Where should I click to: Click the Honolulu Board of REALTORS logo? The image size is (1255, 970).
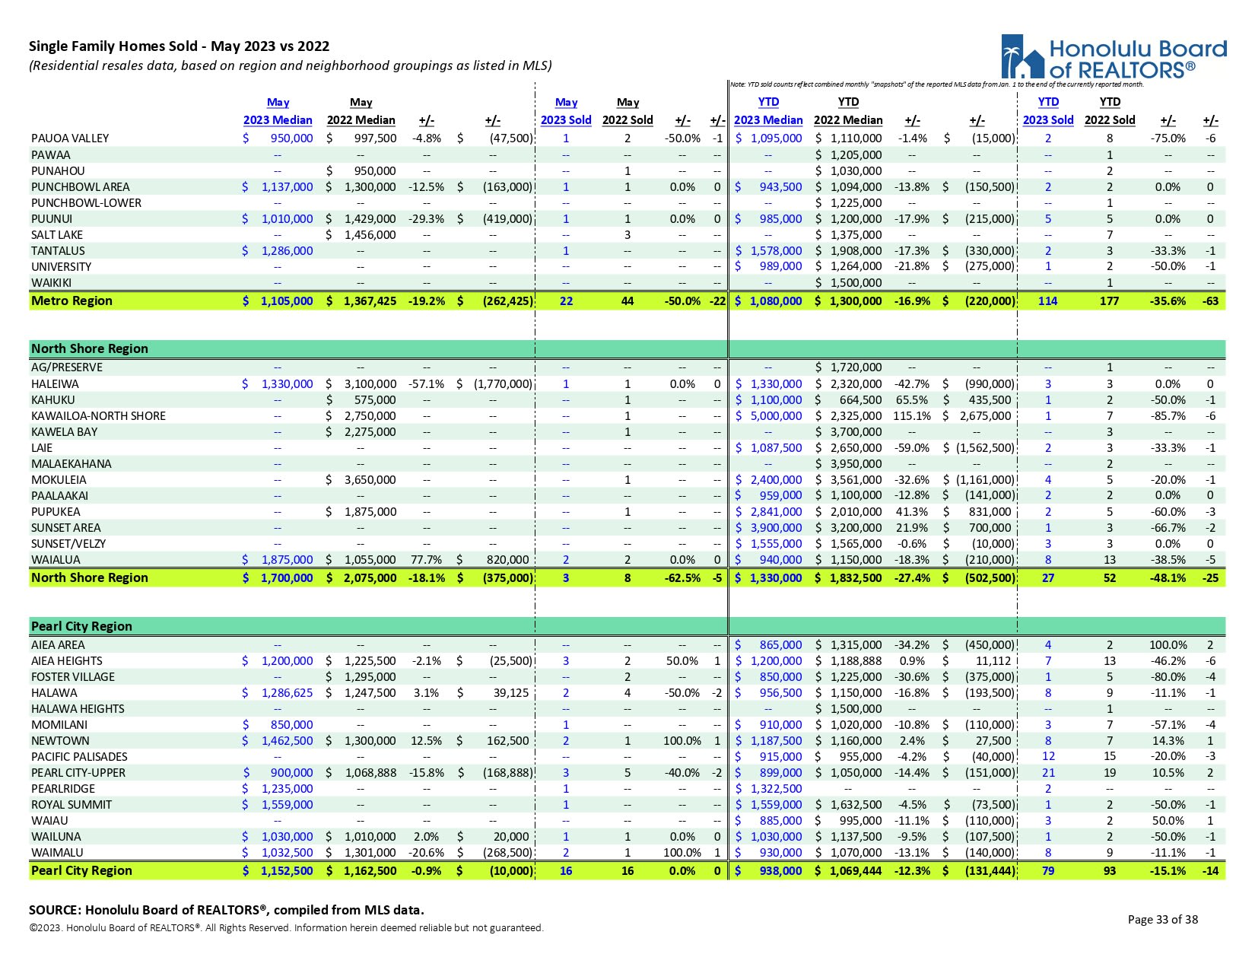coord(1114,57)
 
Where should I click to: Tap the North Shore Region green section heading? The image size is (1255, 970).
coord(90,349)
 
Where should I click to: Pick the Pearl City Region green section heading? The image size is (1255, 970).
coord(81,627)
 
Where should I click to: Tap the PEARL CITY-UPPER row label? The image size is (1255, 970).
coord(78,773)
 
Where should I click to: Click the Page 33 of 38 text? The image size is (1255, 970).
coord(1162,920)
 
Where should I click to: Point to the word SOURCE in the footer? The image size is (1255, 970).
coord(55,910)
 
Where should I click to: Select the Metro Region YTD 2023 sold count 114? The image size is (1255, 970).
coord(1048,301)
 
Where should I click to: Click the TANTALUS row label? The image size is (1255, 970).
coord(58,251)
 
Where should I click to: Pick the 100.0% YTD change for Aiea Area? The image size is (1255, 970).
coord(1168,645)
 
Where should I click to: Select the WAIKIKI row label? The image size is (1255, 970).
coord(51,283)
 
